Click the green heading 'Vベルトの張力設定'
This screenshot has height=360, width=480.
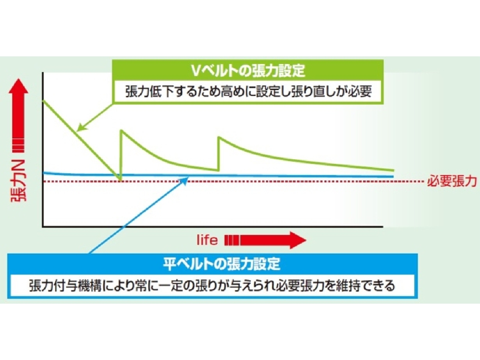248,70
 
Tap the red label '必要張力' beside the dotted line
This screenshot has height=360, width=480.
452,181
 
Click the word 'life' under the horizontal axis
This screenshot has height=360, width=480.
207,240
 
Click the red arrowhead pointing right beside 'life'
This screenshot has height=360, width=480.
298,240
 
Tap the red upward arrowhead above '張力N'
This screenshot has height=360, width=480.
18,86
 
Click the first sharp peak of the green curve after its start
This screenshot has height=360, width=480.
122,130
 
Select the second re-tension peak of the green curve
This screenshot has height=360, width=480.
219,137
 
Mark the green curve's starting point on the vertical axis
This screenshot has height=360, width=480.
43,100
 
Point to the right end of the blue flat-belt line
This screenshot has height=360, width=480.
393,177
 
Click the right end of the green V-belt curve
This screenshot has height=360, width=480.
394,170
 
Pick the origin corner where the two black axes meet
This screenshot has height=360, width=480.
43,227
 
